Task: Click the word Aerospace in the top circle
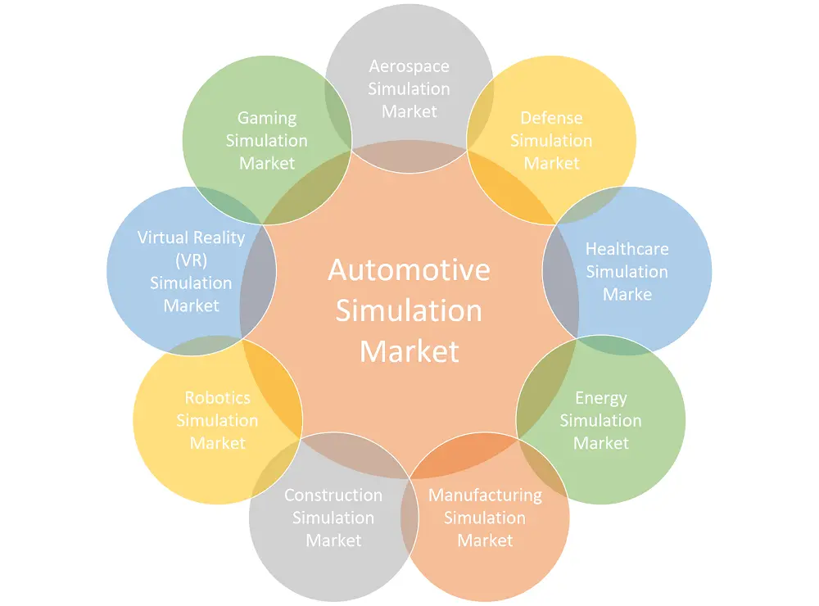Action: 409,66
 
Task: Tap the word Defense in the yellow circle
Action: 551,118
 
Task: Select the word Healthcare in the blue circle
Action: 627,249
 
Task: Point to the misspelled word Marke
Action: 627,294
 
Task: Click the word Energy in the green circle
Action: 601,398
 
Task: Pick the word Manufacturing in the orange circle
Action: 485,495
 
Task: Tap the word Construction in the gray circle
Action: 333,495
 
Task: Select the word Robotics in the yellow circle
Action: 218,398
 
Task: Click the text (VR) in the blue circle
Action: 191,260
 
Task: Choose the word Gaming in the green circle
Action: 267,118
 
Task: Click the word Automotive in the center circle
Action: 409,270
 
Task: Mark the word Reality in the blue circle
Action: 219,237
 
